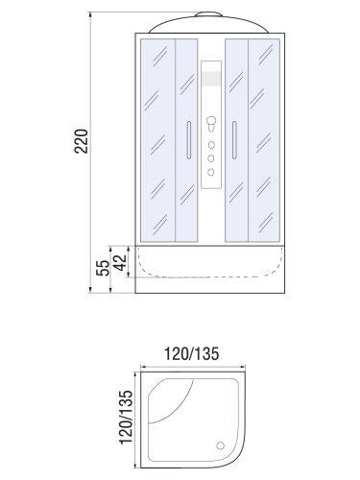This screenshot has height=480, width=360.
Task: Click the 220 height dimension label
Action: (81, 141)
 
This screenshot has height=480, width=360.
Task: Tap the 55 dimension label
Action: (103, 268)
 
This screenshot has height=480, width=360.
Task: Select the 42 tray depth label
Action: (120, 262)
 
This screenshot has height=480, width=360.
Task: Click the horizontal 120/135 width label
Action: (191, 354)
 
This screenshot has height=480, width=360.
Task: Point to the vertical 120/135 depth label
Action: (126, 417)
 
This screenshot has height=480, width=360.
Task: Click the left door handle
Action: (188, 140)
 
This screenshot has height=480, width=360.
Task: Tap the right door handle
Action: (234, 140)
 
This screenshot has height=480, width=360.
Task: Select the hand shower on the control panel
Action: (211, 124)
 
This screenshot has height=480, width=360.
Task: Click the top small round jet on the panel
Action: (211, 145)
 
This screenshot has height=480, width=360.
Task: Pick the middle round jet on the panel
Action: (211, 158)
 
